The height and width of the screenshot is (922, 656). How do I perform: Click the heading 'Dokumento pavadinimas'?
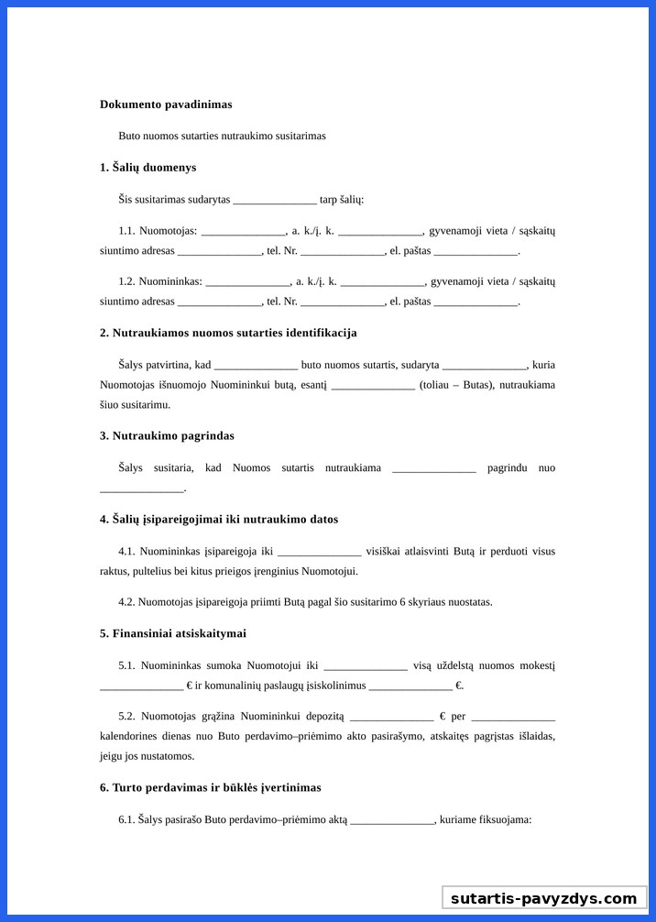coord(166,104)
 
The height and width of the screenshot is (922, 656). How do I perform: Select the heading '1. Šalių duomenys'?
coord(148,168)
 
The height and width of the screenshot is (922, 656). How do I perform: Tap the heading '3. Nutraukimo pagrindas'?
coord(167,436)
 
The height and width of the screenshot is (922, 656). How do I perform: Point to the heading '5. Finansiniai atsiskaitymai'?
coord(172,633)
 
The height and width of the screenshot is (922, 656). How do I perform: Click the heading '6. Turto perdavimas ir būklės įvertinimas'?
coord(210,787)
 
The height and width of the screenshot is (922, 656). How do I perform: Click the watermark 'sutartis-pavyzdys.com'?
coord(543,898)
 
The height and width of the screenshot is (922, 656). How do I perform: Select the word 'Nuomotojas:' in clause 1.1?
coord(169,231)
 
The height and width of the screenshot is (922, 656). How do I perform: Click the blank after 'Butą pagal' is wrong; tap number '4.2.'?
coord(126,602)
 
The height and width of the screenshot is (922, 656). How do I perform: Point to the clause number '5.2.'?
coord(126,716)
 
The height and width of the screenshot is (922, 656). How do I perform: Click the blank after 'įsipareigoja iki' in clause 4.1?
coord(319,553)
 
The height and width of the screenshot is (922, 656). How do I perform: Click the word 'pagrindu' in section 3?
coord(508,468)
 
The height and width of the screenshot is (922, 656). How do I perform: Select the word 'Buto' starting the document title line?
coord(129,136)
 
